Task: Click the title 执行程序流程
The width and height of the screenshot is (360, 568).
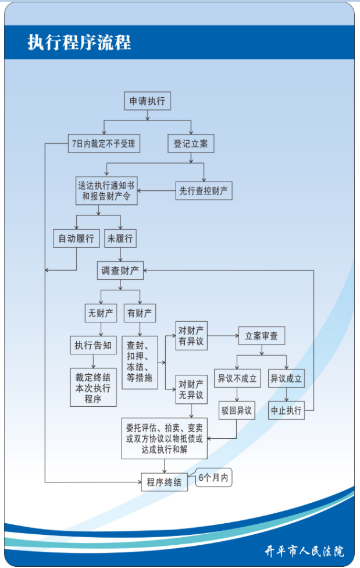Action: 79,42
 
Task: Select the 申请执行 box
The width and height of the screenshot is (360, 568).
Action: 147,101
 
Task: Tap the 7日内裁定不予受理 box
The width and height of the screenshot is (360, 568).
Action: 104,143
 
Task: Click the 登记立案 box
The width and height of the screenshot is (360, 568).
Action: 191,143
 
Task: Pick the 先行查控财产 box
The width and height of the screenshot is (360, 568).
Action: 204,190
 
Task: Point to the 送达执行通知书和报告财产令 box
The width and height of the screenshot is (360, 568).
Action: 106,190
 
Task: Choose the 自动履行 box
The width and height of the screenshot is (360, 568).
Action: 76,239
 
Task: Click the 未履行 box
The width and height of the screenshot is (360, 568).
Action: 120,239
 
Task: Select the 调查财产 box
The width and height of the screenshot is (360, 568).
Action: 120,270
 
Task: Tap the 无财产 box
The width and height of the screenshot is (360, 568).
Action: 101,313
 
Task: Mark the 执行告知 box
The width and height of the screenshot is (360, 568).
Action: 94,345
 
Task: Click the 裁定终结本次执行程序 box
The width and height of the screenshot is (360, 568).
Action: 94,387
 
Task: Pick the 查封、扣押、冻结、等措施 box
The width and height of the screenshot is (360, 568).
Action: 140,363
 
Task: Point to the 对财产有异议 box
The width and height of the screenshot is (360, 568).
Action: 191,335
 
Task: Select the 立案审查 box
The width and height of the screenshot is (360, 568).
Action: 262,336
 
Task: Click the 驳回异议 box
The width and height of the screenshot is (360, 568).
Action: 237,410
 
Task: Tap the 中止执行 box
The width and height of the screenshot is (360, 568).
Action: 287,410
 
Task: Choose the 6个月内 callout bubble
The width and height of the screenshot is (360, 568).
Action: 213,477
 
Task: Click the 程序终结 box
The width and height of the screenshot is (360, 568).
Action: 165,482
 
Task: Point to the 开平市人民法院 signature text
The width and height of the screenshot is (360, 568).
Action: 304,551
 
